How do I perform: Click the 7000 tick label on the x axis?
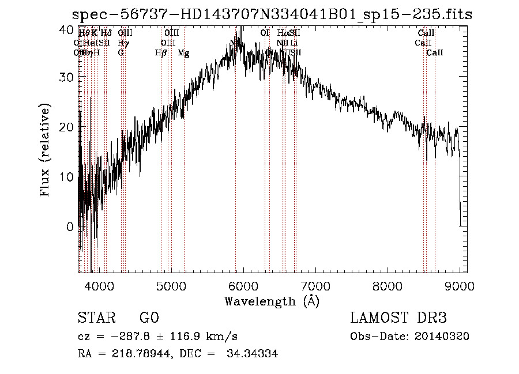coord(315,285)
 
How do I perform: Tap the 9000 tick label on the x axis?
coord(459,285)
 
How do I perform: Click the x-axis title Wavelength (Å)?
coord(272,301)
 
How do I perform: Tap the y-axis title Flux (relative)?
coord(45,150)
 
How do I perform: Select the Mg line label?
coord(183,53)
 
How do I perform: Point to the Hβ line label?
coord(161,53)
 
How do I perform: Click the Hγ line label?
coord(123,43)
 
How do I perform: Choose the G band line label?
coord(121,53)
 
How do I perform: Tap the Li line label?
coord(294,43)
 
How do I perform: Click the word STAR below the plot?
coord(95,318)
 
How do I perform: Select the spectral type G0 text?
coord(149,318)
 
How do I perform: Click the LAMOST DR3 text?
coord(398,318)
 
